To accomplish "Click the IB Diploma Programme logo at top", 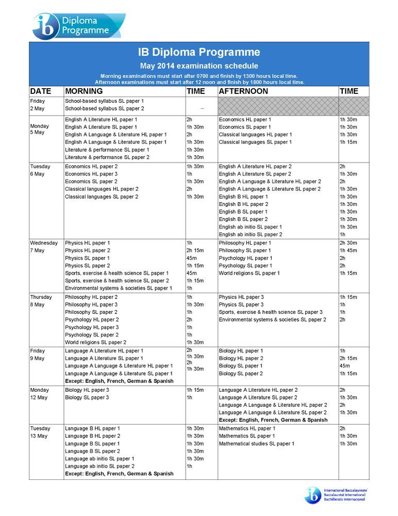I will (78, 26).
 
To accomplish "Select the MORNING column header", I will (84, 91).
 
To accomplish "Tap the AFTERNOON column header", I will (243, 91).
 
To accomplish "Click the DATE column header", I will (41, 91).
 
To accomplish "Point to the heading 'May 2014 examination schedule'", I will (199, 66).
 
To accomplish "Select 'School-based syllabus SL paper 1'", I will (105, 101).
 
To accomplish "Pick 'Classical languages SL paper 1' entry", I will (255, 142).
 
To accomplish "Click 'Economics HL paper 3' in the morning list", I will (91, 174).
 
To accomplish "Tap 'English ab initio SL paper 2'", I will (251, 234).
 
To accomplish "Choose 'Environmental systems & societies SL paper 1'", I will (119, 288).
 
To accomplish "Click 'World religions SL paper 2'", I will (95, 342).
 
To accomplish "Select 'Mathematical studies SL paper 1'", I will (256, 444).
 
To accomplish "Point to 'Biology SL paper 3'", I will (87, 397).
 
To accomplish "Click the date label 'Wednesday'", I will (44, 243).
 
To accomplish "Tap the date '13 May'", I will (39, 436).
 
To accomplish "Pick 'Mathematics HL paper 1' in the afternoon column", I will (247, 428).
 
